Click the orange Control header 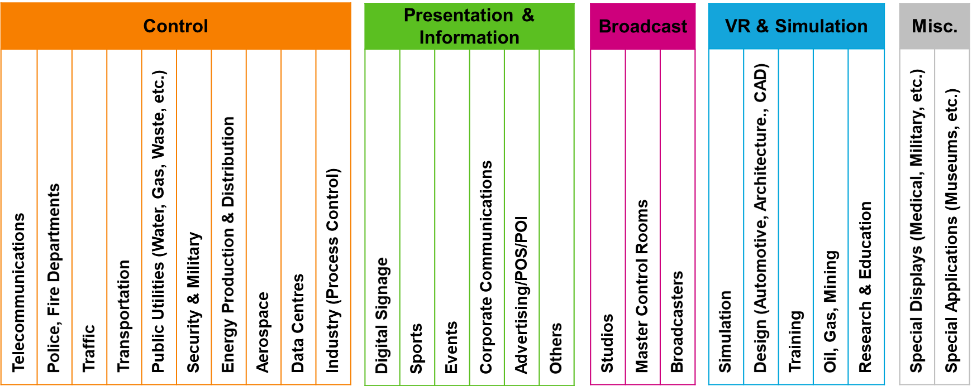[x=175, y=26]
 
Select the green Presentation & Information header [x=469, y=26]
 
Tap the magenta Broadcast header [x=642, y=26]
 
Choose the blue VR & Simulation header [x=796, y=26]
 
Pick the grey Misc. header [x=934, y=26]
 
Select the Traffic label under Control [x=89, y=349]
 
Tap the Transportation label [x=123, y=316]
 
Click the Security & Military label [x=193, y=302]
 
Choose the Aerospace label [x=263, y=332]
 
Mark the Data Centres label [x=298, y=323]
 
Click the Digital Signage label [x=382, y=315]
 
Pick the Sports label [x=416, y=349]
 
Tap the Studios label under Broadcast [x=607, y=343]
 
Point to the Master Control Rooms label [x=642, y=286]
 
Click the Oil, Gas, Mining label [x=831, y=311]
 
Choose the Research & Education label [x=865, y=287]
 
